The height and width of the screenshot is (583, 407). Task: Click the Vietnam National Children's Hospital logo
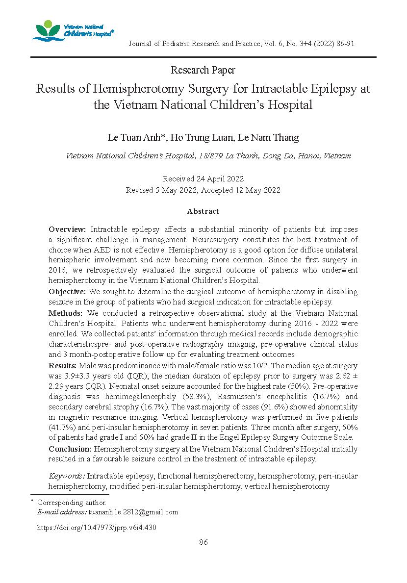tap(72, 31)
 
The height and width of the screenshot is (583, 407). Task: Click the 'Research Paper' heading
tap(203, 70)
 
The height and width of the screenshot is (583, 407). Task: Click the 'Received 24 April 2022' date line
tap(203, 179)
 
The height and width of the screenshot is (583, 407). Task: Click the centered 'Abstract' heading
tap(203, 211)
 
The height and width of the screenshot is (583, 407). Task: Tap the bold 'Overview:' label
tap(68, 229)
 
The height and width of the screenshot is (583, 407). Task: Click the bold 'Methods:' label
tap(65, 313)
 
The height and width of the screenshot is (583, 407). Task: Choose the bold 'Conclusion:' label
tap(70, 449)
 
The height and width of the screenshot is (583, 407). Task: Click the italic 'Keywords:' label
tap(67, 476)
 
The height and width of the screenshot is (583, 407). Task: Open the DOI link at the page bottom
tap(97, 528)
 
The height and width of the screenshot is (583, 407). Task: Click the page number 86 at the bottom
tap(203, 542)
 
